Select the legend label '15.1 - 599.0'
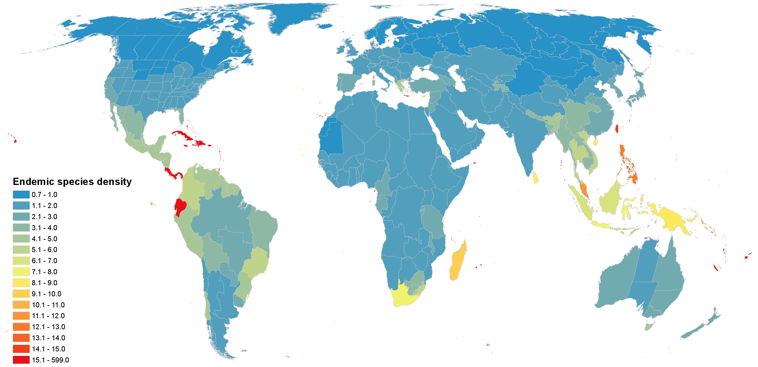coord(50,360)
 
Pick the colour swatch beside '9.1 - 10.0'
coord(21,294)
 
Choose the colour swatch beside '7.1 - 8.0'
coord(21,272)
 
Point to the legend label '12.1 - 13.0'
coord(48,327)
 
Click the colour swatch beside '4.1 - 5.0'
coord(21,239)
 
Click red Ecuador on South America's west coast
coord(180,206)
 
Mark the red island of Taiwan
coord(617,129)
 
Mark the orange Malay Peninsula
coord(584,190)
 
